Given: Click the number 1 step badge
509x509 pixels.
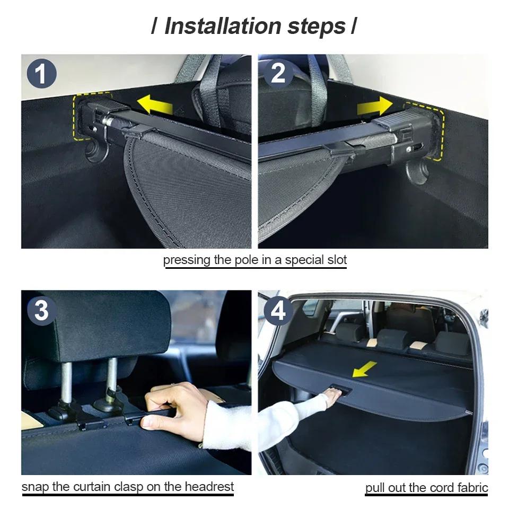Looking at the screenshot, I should point(41,73).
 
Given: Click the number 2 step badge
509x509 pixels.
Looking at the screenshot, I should point(278,73).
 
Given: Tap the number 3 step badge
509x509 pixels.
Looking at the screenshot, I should point(41,310).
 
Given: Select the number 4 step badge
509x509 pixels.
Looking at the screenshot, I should point(278,311).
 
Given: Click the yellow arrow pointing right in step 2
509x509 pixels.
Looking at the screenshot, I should point(375,106).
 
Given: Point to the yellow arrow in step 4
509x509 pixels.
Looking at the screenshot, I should point(365,369).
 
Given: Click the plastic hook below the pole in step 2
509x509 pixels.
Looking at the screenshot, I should point(417,172).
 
